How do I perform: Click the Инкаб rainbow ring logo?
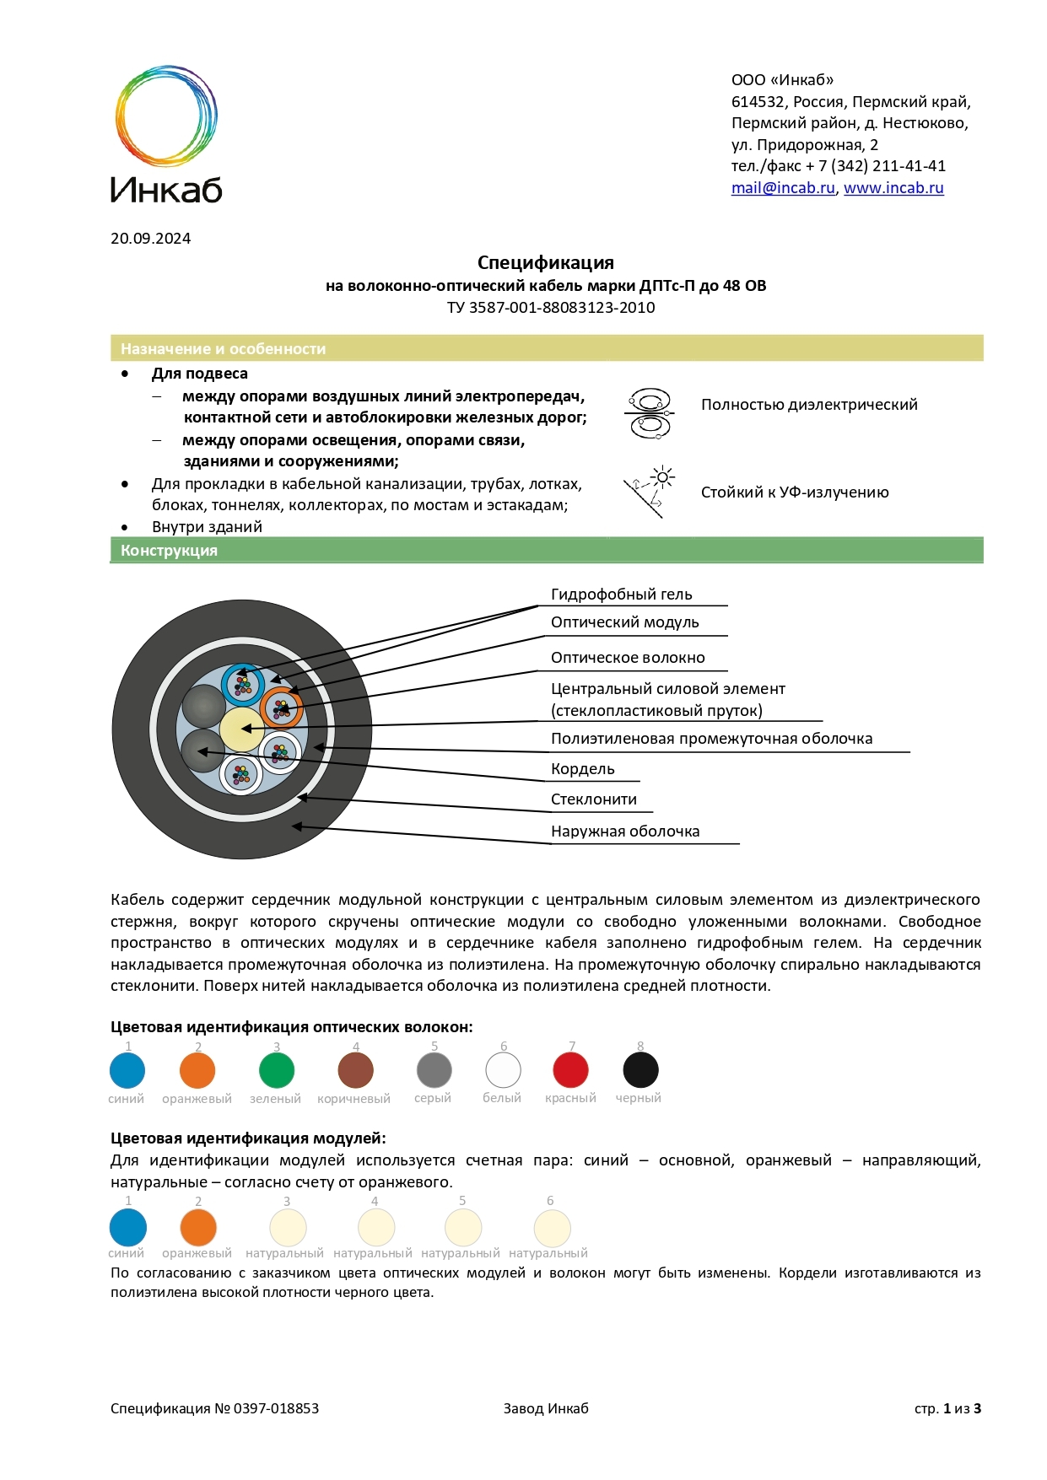[x=166, y=116]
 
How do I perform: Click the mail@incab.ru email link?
[x=782, y=188]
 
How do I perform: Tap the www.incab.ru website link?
[x=893, y=188]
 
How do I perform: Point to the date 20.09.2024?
[x=150, y=239]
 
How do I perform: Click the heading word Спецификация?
[x=545, y=262]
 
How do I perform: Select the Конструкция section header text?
[x=169, y=551]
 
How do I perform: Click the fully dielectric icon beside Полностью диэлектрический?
[x=649, y=412]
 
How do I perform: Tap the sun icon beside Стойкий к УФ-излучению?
[x=663, y=478]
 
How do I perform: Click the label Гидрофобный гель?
[x=621, y=595]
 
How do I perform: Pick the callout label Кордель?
[x=582, y=769]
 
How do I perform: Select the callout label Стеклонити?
[x=593, y=799]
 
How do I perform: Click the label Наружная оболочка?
[x=625, y=831]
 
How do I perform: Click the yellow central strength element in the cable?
[x=242, y=729]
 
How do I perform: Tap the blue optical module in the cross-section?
[x=243, y=685]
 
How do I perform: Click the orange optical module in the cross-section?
[x=282, y=708]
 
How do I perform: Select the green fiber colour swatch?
[x=277, y=1071]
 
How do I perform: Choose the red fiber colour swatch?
[x=570, y=1071]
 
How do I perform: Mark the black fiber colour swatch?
[x=640, y=1071]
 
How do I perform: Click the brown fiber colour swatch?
[x=355, y=1071]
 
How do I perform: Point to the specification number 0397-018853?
[x=276, y=1408]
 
